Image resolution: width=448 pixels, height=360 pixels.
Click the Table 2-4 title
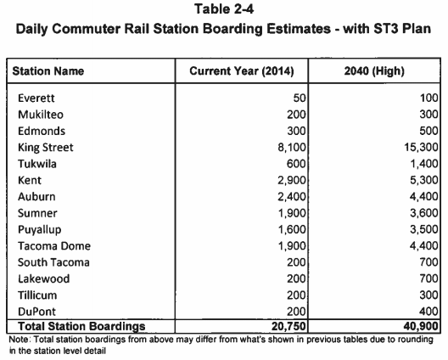coord(224,8)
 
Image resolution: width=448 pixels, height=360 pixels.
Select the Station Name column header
coord(48,71)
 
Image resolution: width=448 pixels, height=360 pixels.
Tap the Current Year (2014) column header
coord(242,71)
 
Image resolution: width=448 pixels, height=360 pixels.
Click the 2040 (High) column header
coord(374,71)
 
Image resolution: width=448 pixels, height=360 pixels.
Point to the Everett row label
coord(36,98)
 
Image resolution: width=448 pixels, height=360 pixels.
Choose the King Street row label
coord(46,148)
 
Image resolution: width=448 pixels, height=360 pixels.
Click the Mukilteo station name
coord(41,115)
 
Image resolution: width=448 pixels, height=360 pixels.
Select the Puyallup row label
coord(39,230)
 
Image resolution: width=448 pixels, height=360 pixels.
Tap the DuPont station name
coord(36,312)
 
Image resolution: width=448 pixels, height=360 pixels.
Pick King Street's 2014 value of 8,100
coord(292,148)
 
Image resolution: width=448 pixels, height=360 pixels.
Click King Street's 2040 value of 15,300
coord(421,148)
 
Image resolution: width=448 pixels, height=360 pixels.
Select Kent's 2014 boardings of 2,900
coord(292,181)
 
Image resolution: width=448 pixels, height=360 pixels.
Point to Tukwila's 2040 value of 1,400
coord(424,164)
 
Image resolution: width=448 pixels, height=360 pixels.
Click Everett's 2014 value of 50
coord(300,98)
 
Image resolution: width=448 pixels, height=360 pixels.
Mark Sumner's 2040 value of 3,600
coord(424,213)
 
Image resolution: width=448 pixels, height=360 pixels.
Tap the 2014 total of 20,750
coord(288,326)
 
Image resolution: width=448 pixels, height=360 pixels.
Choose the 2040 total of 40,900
coord(421,326)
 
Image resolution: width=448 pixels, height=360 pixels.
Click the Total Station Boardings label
coord(81,326)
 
